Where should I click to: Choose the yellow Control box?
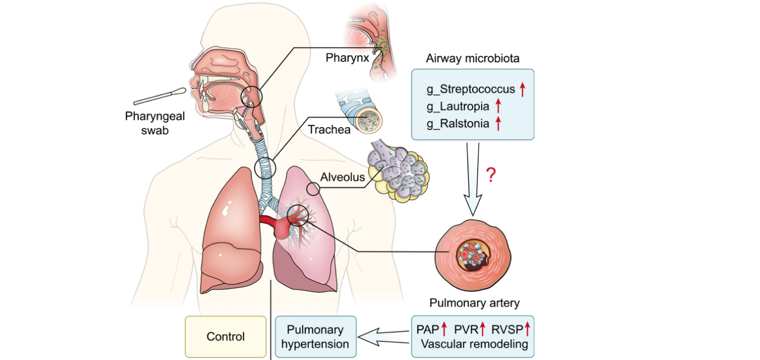pyautogui.click(x=225, y=336)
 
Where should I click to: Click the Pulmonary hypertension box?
pyautogui.click(x=315, y=336)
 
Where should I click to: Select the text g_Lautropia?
pyautogui.click(x=457, y=106)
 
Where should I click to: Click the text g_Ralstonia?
pyautogui.click(x=457, y=124)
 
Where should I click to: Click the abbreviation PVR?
pyautogui.click(x=466, y=330)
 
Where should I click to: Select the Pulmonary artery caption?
pyautogui.click(x=473, y=303)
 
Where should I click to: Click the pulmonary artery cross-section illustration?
pyautogui.click(x=473, y=255)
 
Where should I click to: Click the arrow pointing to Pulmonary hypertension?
pyautogui.click(x=384, y=336)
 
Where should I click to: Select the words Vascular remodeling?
pyautogui.click(x=473, y=345)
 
